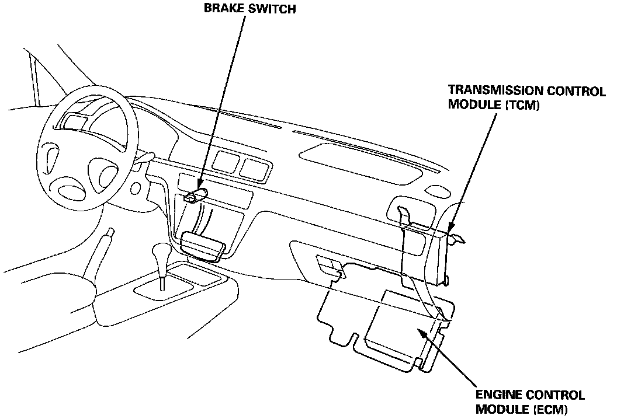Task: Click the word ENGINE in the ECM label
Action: (x=496, y=395)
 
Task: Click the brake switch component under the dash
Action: (x=196, y=196)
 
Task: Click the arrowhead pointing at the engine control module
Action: (x=420, y=331)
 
